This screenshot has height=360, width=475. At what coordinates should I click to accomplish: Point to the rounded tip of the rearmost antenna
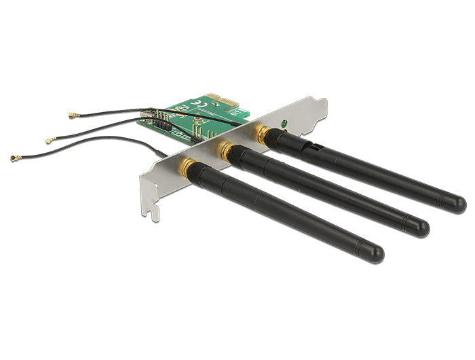(x=457, y=203)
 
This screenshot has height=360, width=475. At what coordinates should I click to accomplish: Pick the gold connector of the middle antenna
(x=227, y=151)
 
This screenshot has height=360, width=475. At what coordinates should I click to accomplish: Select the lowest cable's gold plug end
(x=14, y=158)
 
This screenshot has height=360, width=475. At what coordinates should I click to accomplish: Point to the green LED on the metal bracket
(x=283, y=125)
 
